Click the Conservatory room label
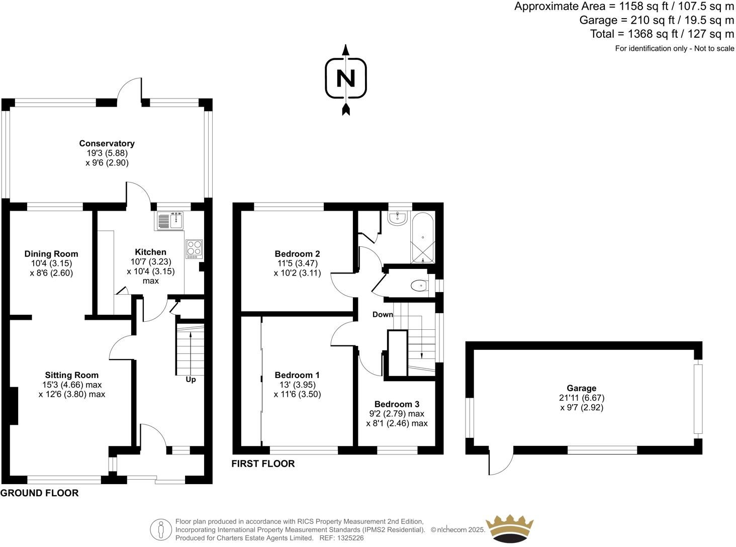coord(107,143)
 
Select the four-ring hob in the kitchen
coord(195,248)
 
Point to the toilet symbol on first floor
coord(419,286)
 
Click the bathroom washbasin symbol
coord(398,218)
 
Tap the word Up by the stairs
coord(191,380)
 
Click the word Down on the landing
coord(383,315)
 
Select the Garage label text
coord(581,388)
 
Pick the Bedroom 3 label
coord(397,404)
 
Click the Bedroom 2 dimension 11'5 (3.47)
coord(297,263)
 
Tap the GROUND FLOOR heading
coord(39,493)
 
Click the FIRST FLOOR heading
coord(263,464)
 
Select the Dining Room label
coord(51,254)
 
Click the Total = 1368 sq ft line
coord(662,34)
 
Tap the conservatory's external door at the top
coord(130,90)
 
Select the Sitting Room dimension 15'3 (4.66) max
coord(72,385)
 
